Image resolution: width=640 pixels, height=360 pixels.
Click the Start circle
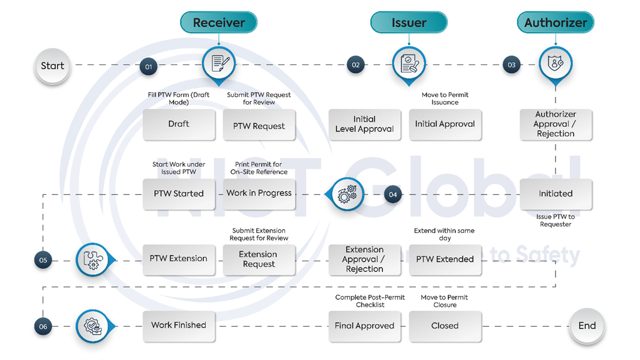[x=53, y=66]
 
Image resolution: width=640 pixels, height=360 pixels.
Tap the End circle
[x=587, y=326]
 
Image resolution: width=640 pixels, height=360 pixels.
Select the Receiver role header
[x=219, y=23]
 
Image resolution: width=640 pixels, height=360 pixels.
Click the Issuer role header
[x=409, y=23]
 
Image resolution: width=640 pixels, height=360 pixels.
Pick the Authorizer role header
[x=555, y=23]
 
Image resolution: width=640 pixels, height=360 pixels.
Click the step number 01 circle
[x=149, y=66]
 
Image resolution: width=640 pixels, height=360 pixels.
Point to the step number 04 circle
[x=393, y=194]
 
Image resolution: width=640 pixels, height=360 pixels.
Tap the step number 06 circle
[x=43, y=327]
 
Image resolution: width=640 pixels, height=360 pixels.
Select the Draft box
[x=179, y=124]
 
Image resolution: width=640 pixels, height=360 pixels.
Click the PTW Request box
[x=259, y=126]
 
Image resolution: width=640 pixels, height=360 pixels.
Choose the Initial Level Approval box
[x=365, y=124]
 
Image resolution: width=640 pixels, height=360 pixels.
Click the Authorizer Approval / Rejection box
[x=555, y=124]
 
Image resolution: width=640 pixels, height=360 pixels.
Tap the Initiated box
[x=555, y=194]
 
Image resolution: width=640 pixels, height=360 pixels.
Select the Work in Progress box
[x=259, y=193]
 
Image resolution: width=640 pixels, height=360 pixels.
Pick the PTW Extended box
[x=445, y=259]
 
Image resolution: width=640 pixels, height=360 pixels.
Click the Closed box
[x=445, y=326]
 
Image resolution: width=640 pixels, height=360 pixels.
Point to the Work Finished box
[x=179, y=325]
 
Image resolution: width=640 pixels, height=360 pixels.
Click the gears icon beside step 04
[x=347, y=194]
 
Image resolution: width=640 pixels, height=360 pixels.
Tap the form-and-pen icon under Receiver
[x=220, y=63]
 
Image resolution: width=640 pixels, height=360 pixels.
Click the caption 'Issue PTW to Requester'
[x=555, y=221]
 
